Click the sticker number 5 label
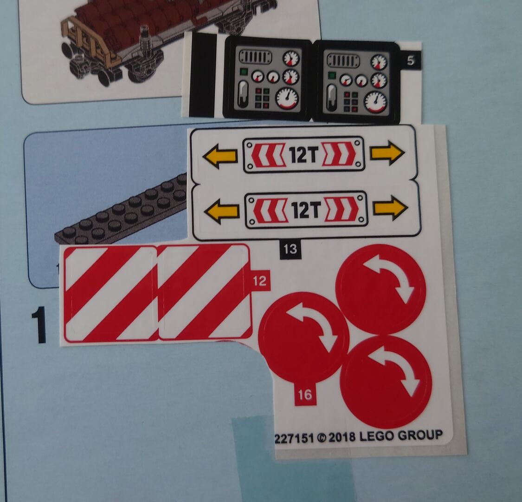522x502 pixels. (411, 61)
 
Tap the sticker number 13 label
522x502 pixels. (290, 249)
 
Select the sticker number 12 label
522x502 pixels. (260, 281)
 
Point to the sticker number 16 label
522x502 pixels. (305, 395)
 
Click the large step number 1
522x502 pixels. (39, 325)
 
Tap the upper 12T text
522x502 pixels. (303, 155)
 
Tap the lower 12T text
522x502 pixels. (306, 211)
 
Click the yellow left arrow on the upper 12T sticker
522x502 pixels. (220, 155)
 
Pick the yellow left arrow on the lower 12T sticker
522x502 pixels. (222, 211)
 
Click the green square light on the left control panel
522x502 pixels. (244, 72)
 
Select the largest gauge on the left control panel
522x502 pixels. (287, 99)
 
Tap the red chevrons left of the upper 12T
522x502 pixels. (268, 155)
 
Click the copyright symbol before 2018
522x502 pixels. (322, 438)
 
